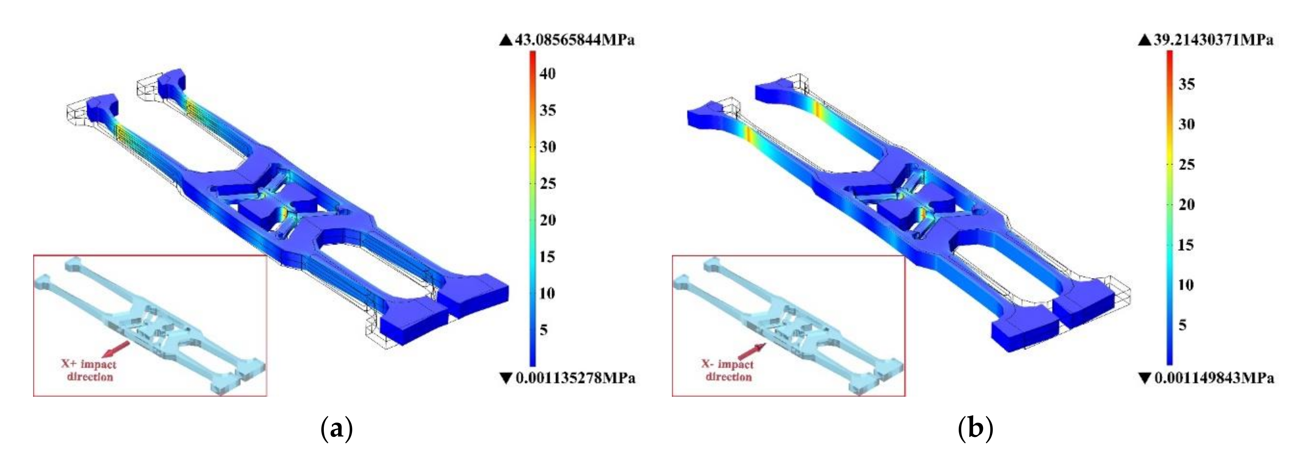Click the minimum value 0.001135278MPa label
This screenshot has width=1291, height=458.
click(575, 378)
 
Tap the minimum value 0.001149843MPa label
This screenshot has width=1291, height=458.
click(1214, 378)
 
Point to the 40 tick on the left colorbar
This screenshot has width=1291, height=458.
click(547, 74)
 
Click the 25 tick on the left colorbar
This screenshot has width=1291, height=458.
click(547, 184)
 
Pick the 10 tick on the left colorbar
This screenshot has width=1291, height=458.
click(547, 293)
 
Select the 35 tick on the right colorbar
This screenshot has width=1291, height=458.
click(1186, 84)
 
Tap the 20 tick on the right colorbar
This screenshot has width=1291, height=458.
click(1186, 205)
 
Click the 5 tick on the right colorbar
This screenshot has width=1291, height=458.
click(1182, 325)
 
